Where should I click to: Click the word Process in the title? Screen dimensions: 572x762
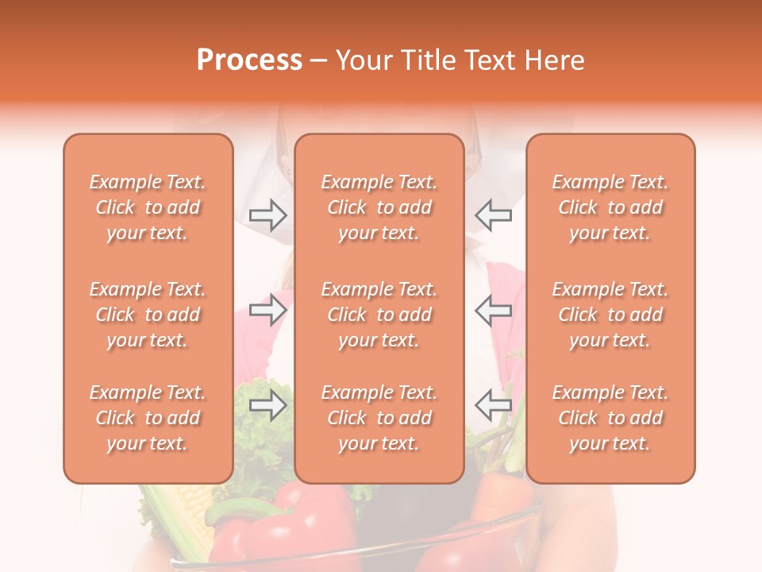[249, 60]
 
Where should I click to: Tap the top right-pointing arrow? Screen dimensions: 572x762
[267, 215]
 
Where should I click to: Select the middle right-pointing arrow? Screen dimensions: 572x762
[267, 309]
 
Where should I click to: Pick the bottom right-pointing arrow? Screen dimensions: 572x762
[267, 405]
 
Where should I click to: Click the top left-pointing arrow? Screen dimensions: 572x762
[493, 215]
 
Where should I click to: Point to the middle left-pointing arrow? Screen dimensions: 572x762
[493, 309]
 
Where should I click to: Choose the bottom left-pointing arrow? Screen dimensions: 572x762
[493, 405]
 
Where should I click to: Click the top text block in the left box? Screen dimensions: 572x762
[148, 207]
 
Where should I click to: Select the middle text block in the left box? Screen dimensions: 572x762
[148, 315]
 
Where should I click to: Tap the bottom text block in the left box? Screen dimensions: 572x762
[148, 418]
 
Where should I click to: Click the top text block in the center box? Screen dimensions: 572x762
[379, 207]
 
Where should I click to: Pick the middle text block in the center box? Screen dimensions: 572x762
[379, 315]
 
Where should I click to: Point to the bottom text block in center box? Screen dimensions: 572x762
[379, 418]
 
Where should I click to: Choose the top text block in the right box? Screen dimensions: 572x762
[610, 207]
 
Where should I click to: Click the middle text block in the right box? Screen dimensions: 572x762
[610, 315]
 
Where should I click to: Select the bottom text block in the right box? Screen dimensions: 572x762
[610, 418]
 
